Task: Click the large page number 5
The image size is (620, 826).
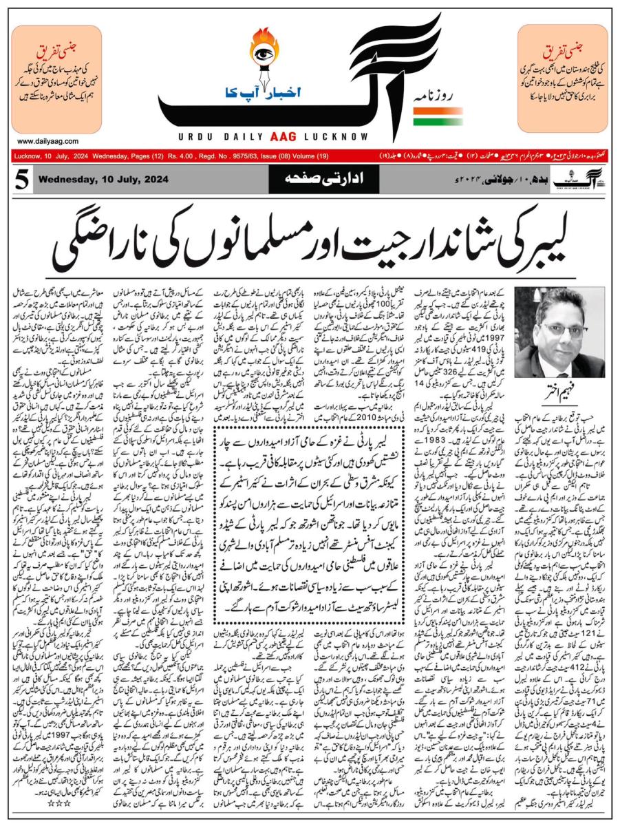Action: pos(21,180)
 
